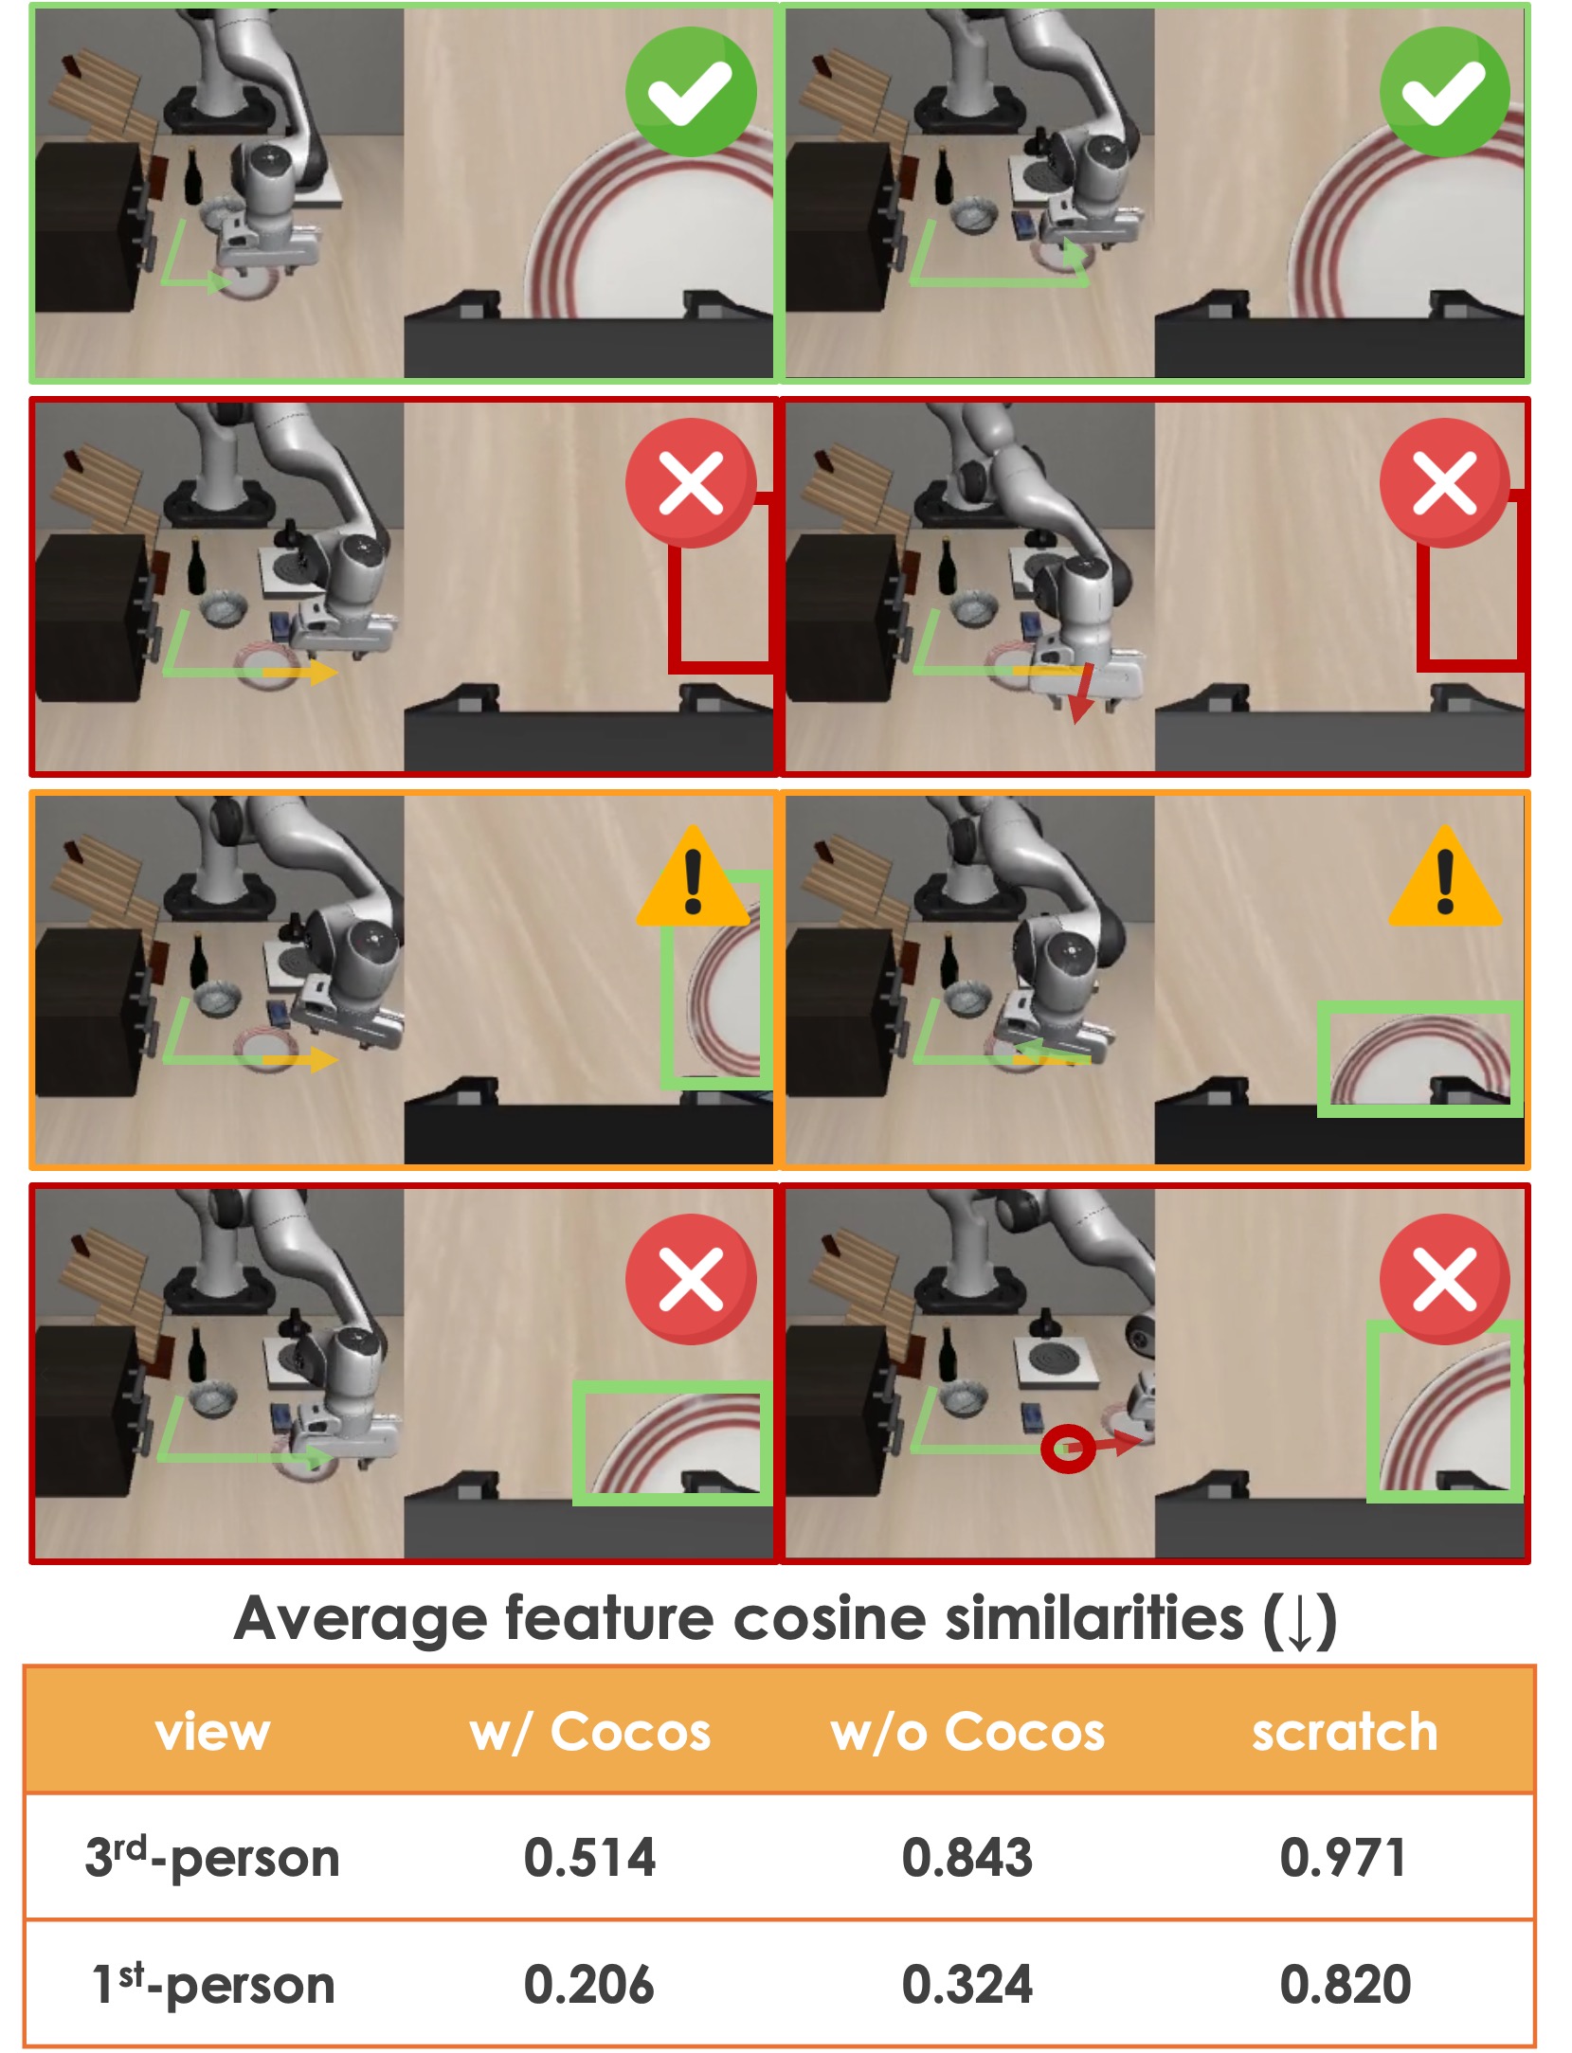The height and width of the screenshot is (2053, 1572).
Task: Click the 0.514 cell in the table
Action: point(589,1857)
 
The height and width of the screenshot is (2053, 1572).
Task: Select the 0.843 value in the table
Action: point(967,1857)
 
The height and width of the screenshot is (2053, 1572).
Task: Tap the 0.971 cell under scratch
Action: point(1344,1857)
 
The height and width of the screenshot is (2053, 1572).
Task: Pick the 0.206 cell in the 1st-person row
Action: point(589,1985)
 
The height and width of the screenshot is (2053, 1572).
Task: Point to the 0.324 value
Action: point(967,1985)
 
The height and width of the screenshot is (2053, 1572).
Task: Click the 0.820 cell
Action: point(1346,1985)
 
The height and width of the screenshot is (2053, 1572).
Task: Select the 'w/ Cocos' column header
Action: point(590,1732)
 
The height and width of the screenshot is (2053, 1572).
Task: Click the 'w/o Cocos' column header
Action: point(968,1732)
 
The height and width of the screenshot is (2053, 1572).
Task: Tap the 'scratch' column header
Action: point(1346,1733)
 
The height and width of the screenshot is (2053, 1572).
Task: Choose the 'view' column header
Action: point(213,1733)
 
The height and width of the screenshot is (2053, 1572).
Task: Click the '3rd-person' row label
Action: point(212,1857)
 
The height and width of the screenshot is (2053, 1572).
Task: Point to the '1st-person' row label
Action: point(213,1985)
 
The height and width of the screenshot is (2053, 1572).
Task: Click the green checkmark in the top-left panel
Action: point(691,92)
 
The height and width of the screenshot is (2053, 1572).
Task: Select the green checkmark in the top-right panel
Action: point(1445,92)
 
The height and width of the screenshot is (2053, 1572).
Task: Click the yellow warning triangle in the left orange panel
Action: point(693,876)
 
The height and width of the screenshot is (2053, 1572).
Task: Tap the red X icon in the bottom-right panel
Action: point(1445,1279)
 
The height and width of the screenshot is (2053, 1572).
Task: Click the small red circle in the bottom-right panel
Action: point(1068,1449)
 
